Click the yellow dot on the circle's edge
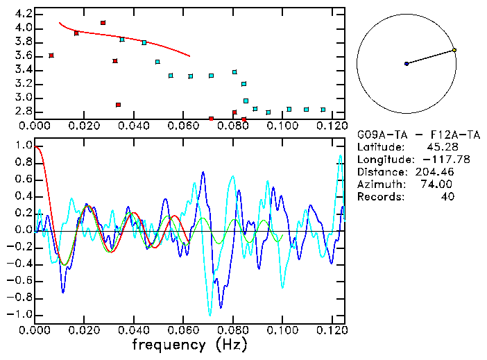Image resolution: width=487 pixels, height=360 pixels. point(454,50)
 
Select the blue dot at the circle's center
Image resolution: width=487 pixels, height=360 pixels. point(407,64)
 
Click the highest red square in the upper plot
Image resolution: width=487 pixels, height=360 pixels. point(103,23)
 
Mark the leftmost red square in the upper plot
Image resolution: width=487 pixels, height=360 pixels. point(51,55)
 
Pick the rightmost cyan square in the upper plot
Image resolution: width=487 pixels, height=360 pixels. point(323,110)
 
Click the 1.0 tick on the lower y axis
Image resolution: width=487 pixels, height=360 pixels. point(23,146)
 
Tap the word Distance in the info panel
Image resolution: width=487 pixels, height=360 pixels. point(379,171)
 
